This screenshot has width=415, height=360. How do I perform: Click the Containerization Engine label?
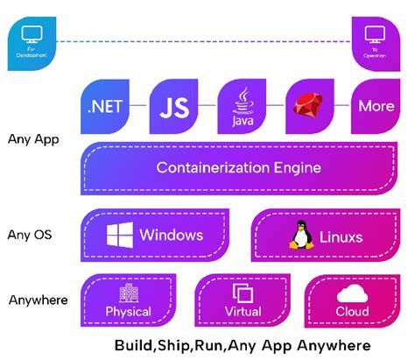click(x=238, y=167)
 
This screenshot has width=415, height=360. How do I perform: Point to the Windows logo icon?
click(x=120, y=235)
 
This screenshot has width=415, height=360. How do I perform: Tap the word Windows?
click(x=171, y=235)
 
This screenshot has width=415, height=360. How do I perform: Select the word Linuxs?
click(x=341, y=236)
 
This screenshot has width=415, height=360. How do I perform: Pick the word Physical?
click(x=129, y=311)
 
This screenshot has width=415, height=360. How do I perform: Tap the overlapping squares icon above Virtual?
click(x=242, y=292)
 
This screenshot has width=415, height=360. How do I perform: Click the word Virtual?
click(x=242, y=311)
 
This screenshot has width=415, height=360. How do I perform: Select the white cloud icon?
click(x=351, y=292)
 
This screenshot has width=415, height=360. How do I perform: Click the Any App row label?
click(x=32, y=138)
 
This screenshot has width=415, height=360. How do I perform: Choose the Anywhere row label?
click(x=38, y=300)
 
